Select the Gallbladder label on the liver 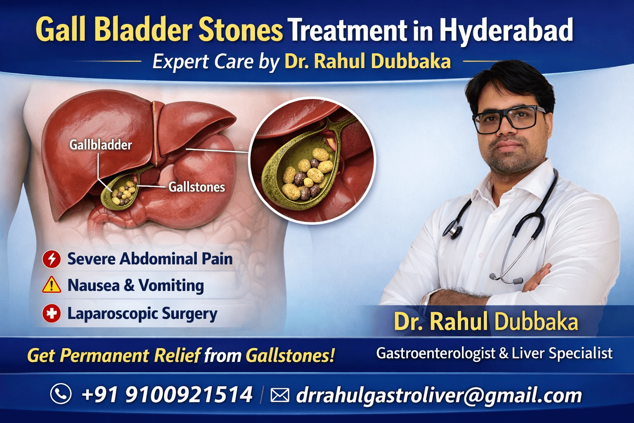(x=100, y=145)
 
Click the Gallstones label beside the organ (x=196, y=187)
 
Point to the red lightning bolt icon (x=52, y=259)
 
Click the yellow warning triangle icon (x=52, y=285)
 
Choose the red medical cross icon (x=52, y=314)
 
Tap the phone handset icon (x=61, y=394)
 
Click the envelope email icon (x=279, y=395)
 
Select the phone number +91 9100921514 (x=167, y=394)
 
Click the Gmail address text (x=439, y=395)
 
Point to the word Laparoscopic (x=112, y=314)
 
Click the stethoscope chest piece (x=454, y=230)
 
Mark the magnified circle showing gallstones (x=313, y=161)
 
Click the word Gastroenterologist (x=435, y=353)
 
